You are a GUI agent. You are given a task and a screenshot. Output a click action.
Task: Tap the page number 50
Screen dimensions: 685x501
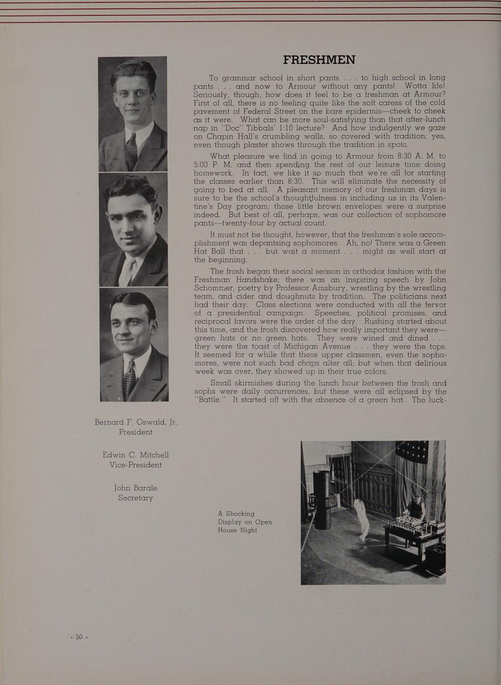[x=79, y=637]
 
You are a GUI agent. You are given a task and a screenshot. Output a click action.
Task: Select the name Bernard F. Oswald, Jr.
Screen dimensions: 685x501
[x=135, y=422]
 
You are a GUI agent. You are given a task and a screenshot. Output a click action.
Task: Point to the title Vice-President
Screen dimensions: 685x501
[x=136, y=465]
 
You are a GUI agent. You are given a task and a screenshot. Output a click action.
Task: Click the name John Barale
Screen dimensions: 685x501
[x=135, y=488]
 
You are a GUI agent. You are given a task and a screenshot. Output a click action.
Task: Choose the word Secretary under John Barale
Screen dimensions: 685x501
[x=135, y=498]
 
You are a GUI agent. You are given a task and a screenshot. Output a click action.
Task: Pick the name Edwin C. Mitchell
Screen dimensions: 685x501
[x=136, y=455]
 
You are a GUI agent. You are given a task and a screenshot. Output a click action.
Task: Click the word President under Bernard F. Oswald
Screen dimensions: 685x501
[x=135, y=432]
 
